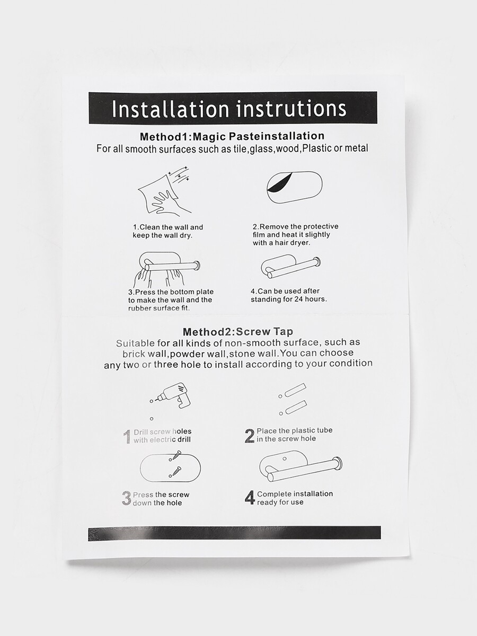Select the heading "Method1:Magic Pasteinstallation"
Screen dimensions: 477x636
[x=232, y=136]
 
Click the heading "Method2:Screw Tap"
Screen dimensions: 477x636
[x=238, y=331]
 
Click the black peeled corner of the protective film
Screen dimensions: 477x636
[x=279, y=182]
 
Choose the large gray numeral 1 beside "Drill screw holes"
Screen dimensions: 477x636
[x=127, y=437]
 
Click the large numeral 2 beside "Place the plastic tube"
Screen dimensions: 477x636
[x=249, y=436]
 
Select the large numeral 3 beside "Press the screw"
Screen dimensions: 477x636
[x=126, y=499]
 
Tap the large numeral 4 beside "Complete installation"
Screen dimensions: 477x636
[x=250, y=498]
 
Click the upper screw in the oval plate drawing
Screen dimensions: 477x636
[x=175, y=455]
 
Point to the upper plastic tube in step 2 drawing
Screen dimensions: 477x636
[x=295, y=390]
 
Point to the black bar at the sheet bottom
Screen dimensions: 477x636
[x=234, y=533]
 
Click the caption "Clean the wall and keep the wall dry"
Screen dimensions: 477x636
[x=168, y=231]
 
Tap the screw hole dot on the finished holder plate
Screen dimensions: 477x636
[x=285, y=458]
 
